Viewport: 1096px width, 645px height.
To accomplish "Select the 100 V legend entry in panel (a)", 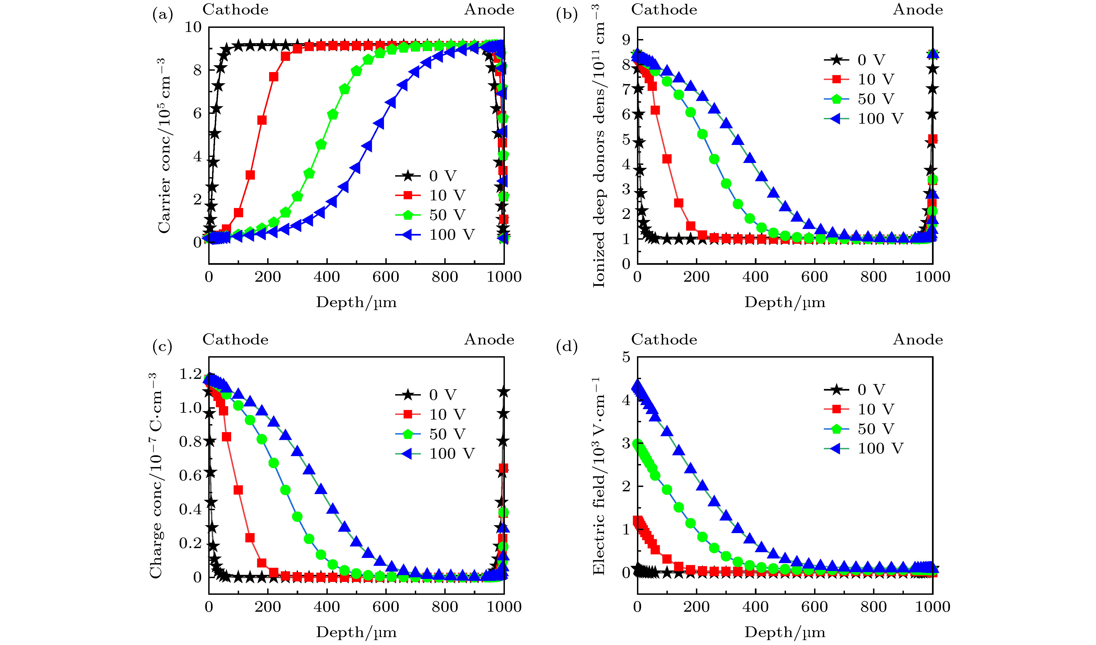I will click(435, 235).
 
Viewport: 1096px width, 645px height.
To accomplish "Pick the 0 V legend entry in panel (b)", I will click(855, 60).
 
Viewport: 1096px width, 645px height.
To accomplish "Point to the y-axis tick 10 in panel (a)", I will click(193, 27).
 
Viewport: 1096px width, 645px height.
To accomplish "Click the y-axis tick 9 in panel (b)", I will click(626, 40).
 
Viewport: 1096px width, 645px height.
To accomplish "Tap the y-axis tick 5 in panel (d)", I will click(626, 357).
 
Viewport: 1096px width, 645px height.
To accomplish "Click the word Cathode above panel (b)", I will click(664, 10).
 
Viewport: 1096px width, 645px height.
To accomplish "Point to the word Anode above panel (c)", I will click(489, 340).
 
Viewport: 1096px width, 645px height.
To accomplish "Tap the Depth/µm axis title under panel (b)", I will click(785, 302).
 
